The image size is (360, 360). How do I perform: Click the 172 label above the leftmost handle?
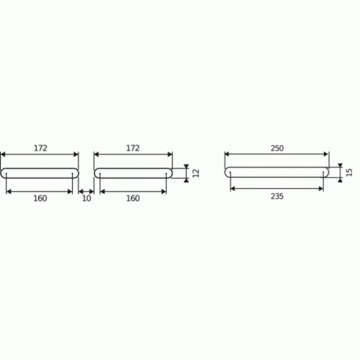(x=40, y=148)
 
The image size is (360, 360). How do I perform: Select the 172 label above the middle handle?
(x=133, y=148)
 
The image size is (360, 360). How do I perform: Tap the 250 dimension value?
(x=277, y=148)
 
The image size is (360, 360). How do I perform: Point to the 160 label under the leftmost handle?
(x=40, y=198)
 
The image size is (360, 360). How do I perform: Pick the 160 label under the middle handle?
(x=133, y=198)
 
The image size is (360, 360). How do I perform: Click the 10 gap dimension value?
(x=86, y=198)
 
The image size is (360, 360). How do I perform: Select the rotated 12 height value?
(x=196, y=173)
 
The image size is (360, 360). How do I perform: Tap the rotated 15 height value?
(x=349, y=172)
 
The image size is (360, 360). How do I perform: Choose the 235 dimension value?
(x=277, y=196)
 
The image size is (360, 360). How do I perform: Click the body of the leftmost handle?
(x=39, y=169)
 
